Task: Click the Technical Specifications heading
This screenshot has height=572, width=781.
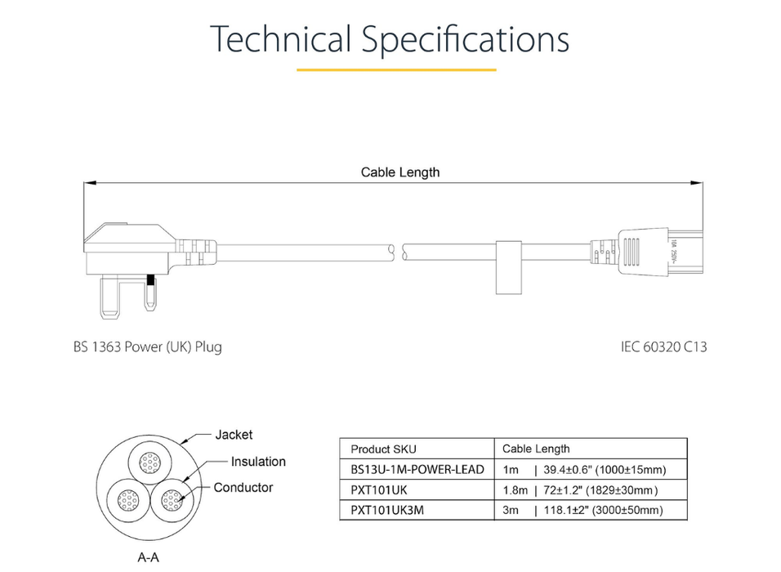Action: pos(390,38)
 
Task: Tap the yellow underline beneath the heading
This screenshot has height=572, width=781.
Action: pos(396,70)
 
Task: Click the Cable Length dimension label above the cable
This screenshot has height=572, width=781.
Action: pos(400,172)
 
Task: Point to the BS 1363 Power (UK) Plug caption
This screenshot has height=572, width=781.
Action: pos(147,346)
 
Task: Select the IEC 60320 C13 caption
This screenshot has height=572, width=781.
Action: pos(663,346)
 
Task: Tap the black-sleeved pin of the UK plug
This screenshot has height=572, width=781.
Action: pos(150,284)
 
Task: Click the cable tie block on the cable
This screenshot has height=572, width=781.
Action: pos(508,266)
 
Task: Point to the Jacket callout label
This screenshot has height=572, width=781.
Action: pos(234,435)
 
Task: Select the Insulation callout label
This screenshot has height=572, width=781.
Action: pos(258,462)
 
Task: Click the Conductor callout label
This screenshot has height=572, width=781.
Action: pos(243,488)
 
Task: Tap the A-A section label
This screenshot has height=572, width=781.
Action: pos(148,559)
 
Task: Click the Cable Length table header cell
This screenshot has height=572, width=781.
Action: pos(536,449)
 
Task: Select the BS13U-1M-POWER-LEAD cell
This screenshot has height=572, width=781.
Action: pos(417,469)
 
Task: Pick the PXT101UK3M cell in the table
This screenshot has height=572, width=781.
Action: pos(387,510)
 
